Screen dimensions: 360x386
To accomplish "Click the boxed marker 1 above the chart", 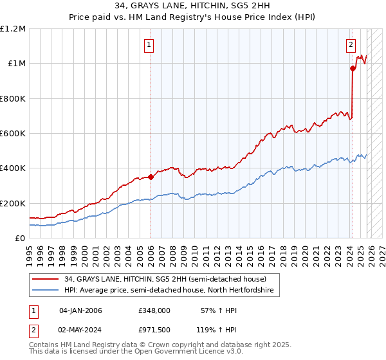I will tap(149, 45).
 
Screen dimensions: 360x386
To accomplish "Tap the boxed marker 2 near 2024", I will tap(351, 45).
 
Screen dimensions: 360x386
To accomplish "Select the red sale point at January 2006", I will tap(151, 177).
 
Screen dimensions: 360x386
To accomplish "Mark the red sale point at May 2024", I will tap(353, 68).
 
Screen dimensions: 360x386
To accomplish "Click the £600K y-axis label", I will tap(13, 134).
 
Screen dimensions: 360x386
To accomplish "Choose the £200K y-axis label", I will tap(13, 203).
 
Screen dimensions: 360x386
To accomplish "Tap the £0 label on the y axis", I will tap(20, 238).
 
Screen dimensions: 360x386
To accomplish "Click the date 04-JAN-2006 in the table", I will tap(80, 310).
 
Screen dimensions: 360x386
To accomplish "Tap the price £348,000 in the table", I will tap(154, 310).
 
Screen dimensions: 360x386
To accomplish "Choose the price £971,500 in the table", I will tap(154, 331).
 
